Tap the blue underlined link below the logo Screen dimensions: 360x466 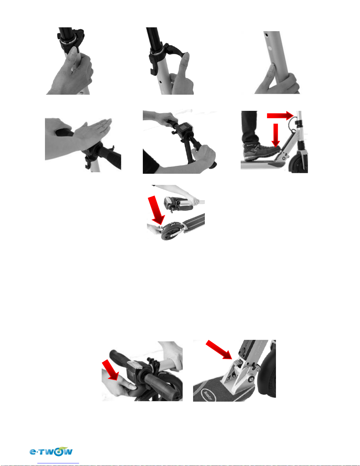(x=58, y=463)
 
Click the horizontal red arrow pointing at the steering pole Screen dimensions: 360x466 (x=280, y=116)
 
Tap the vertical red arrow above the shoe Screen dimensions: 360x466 (x=276, y=135)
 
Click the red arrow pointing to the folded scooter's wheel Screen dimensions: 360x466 (x=156, y=210)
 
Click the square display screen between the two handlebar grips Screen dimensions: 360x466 (x=183, y=129)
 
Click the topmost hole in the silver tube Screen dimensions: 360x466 (x=266, y=34)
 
